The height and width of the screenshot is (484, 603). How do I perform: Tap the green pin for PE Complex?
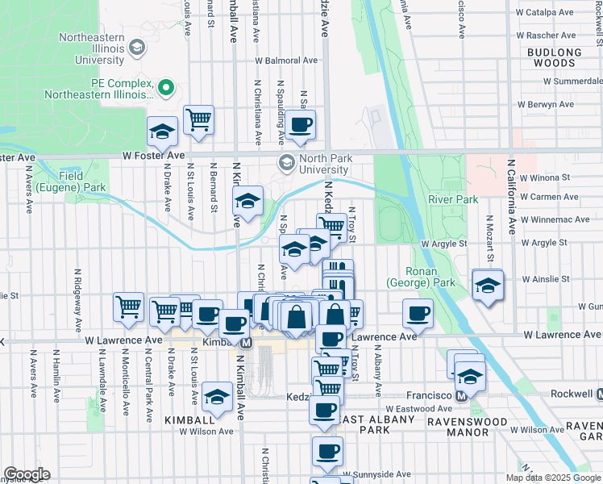click(167, 87)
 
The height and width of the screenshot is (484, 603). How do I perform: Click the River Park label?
click(453, 199)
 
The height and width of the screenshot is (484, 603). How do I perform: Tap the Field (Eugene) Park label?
click(82, 181)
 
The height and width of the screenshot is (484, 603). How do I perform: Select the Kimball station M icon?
click(247, 343)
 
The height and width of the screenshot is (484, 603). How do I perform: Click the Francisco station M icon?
click(462, 395)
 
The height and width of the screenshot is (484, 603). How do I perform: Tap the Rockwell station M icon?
click(599, 394)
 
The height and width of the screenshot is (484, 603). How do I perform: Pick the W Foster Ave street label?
click(154, 155)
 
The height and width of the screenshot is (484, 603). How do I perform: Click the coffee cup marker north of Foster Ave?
click(301, 124)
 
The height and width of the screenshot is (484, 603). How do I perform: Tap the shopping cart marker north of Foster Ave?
click(198, 120)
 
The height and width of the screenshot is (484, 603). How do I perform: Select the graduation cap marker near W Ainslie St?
click(488, 286)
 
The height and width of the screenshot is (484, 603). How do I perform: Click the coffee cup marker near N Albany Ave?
click(418, 314)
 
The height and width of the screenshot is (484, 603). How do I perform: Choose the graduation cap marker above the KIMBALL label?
click(217, 396)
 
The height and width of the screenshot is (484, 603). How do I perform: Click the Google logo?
click(27, 474)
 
